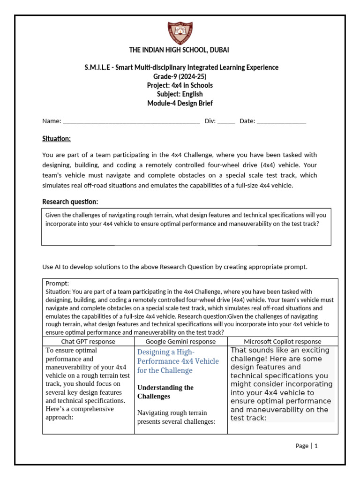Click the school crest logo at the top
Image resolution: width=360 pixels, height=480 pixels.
click(180, 32)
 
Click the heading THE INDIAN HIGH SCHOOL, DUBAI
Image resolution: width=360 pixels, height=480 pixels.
click(180, 50)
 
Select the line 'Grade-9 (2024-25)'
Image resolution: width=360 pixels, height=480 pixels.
click(180, 76)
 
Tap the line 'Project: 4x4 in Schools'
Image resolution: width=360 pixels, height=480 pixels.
click(180, 85)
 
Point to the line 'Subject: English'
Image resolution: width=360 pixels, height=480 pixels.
click(180, 94)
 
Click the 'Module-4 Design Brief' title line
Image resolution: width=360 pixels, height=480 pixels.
click(180, 103)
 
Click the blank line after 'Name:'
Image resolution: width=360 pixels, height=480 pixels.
click(131, 121)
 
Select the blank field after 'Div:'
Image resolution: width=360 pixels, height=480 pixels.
click(226, 121)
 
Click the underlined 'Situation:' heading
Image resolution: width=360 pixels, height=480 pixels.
click(56, 139)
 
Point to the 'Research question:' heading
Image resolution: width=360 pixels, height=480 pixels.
click(70, 202)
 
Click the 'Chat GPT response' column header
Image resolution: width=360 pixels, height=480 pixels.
click(88, 342)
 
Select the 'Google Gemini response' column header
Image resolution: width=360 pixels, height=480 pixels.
click(180, 342)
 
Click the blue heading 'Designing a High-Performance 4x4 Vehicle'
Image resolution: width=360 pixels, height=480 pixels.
click(178, 361)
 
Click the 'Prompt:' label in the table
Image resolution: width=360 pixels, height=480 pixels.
click(57, 284)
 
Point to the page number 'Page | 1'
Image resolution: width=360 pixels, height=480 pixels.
click(307, 446)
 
